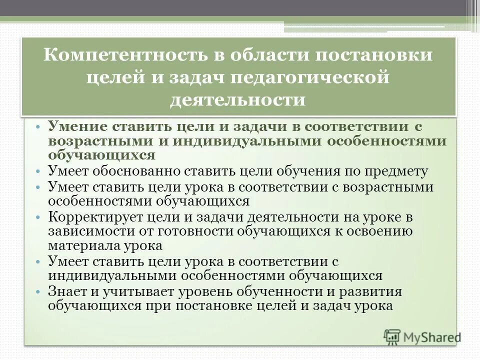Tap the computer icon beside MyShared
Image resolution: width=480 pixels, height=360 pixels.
(392, 336)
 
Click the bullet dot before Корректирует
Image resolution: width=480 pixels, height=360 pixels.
(39, 218)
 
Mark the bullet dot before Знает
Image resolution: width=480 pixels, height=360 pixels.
(39, 292)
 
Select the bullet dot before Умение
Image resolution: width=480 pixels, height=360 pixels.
(39, 127)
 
